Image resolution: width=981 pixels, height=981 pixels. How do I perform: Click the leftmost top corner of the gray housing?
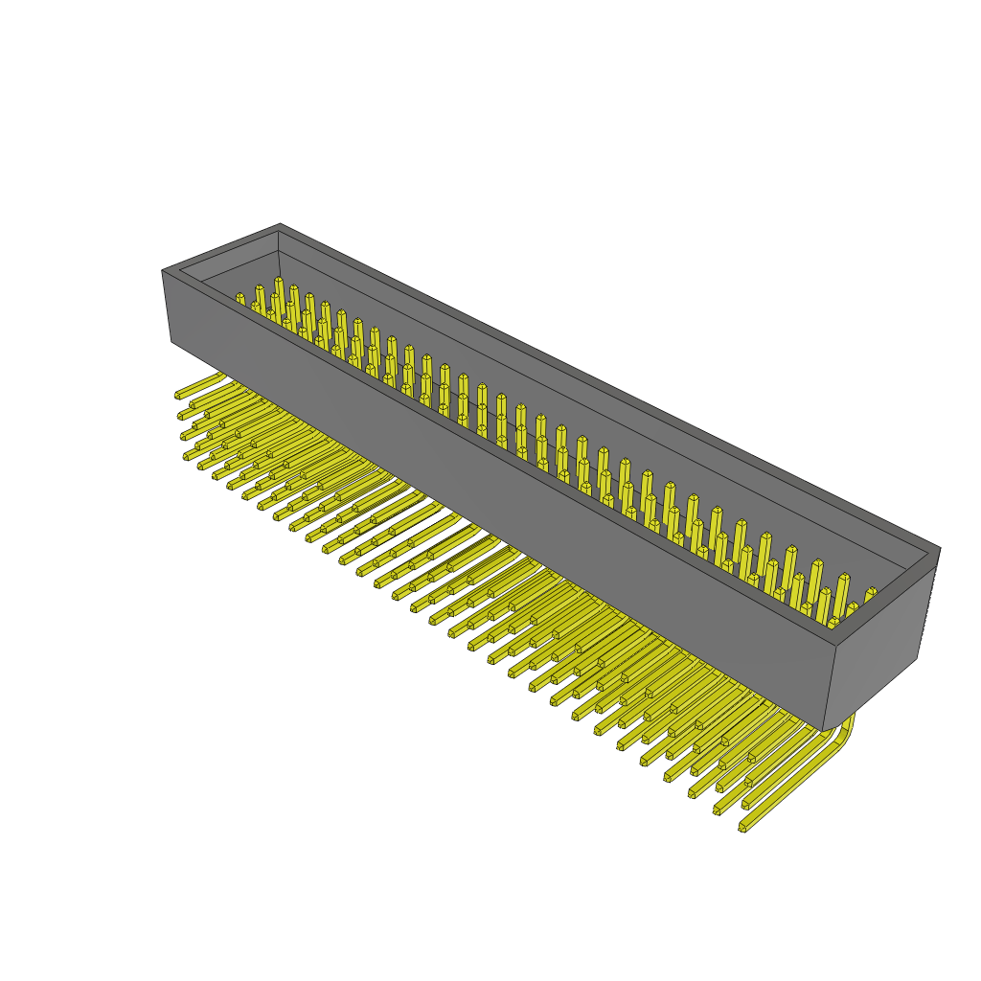point(162,271)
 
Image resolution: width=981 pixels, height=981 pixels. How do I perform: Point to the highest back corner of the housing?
point(280,224)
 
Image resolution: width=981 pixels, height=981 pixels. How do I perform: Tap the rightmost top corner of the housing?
point(940,548)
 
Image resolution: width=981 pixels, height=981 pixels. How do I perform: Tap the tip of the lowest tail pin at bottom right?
point(742,828)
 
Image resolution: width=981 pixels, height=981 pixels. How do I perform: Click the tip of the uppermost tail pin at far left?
point(178,394)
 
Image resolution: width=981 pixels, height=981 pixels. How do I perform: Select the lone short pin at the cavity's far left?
point(240,299)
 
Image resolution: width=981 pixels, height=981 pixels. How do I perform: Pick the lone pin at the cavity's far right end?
point(870,596)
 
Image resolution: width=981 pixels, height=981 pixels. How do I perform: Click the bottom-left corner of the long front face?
point(171,340)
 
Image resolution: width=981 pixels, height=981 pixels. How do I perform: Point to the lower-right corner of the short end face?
point(918,658)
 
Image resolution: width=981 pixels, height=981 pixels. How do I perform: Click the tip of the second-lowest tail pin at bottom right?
point(717,810)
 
